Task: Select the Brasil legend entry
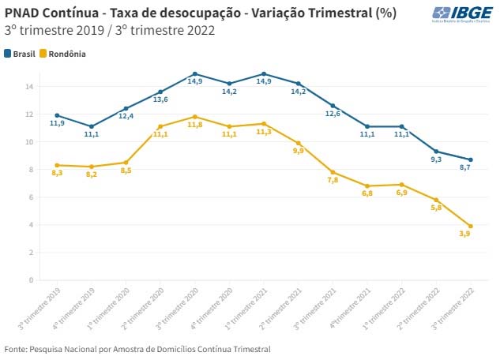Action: pyautogui.click(x=23, y=54)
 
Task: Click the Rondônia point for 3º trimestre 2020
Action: pyautogui.click(x=194, y=117)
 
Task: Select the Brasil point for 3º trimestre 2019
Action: pyautogui.click(x=57, y=115)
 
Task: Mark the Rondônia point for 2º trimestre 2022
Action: pyautogui.click(x=437, y=200)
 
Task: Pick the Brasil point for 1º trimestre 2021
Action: pyautogui.click(x=263, y=74)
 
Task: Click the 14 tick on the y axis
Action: pyautogui.click(x=30, y=87)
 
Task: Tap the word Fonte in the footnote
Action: pyautogui.click(x=16, y=348)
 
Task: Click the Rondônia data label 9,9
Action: pyautogui.click(x=298, y=151)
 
